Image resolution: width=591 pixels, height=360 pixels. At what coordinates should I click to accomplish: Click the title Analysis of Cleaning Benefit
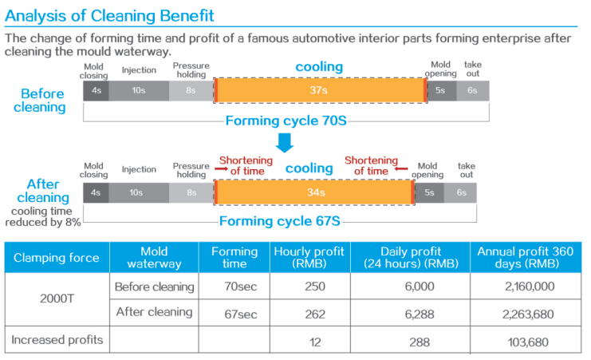(x=110, y=15)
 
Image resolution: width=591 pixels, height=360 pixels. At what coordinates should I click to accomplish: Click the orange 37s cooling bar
(x=320, y=90)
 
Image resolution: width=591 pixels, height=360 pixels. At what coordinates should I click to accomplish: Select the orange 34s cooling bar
(x=314, y=192)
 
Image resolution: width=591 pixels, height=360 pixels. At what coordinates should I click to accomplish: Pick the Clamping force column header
(x=56, y=257)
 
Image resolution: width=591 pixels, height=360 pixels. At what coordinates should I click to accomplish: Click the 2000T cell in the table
(x=56, y=301)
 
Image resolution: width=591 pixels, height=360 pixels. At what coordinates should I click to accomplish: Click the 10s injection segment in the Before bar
(x=139, y=90)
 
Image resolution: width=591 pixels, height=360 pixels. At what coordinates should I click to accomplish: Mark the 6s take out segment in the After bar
(x=461, y=192)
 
